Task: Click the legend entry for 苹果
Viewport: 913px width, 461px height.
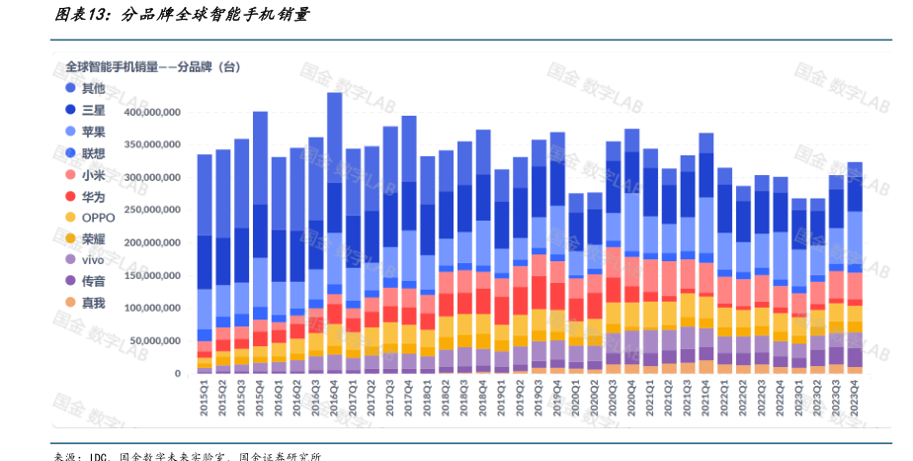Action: click(x=94, y=132)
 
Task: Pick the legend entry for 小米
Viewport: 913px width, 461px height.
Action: click(x=94, y=175)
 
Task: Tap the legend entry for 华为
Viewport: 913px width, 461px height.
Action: click(x=94, y=196)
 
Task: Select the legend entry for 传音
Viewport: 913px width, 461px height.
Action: click(x=94, y=282)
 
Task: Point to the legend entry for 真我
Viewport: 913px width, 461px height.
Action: click(x=94, y=303)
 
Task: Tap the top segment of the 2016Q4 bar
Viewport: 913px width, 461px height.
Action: click(x=335, y=138)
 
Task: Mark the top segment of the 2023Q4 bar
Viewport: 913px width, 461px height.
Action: click(x=856, y=174)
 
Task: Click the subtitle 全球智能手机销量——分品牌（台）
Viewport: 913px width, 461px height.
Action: click(x=153, y=66)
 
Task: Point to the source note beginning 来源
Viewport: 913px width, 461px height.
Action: click(x=188, y=456)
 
